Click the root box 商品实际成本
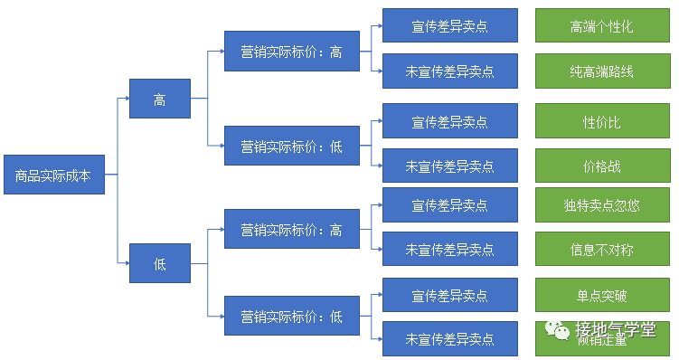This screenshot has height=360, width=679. tap(53, 176)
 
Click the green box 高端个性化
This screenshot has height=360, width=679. tap(601, 26)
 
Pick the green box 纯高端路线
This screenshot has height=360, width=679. tap(601, 71)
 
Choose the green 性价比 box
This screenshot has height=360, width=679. tap(601, 121)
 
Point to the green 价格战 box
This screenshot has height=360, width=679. tap(601, 166)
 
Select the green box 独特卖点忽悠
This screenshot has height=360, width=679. tap(601, 205)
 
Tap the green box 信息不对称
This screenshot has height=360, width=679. tap(601, 249)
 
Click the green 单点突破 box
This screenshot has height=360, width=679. tap(601, 295)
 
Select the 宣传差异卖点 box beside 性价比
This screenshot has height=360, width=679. tap(449, 121)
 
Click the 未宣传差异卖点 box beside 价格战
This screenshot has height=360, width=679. tap(449, 166)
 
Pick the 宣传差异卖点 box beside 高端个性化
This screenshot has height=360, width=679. tap(449, 26)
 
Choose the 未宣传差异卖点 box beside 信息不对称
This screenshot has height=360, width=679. tap(449, 249)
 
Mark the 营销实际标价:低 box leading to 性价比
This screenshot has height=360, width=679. tap(291, 145)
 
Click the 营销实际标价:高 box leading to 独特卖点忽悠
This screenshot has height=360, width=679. tap(291, 230)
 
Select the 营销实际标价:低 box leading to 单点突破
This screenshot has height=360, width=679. tap(291, 317)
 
